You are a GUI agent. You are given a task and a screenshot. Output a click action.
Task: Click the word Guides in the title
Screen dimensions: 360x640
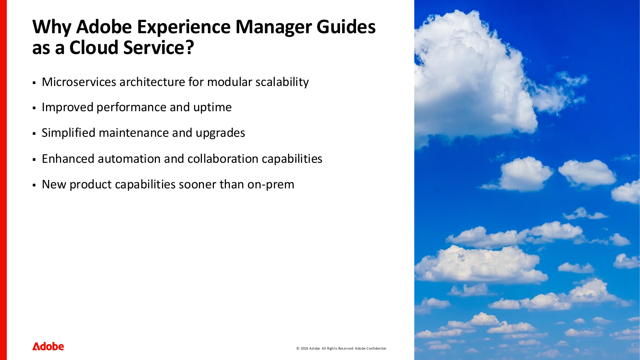(x=346, y=27)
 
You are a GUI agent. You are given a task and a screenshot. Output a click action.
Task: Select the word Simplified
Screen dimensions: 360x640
(x=68, y=133)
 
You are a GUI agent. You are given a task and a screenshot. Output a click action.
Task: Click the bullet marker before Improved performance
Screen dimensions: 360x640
(x=34, y=108)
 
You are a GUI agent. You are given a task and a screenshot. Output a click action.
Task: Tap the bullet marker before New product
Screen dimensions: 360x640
(x=34, y=185)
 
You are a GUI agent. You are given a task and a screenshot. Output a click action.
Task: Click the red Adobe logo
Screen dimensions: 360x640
(x=48, y=346)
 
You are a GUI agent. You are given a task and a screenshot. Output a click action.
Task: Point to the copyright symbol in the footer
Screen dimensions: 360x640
(x=298, y=348)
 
